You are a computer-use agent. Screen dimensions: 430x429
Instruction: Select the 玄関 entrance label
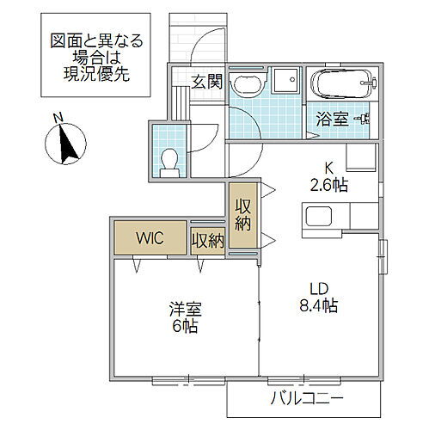point(206,82)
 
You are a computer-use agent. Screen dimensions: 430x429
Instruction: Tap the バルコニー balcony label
point(307,398)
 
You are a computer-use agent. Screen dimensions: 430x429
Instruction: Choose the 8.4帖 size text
point(318,305)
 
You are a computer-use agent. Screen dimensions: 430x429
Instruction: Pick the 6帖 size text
point(184,327)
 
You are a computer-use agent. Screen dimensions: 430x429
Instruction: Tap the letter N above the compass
point(57,118)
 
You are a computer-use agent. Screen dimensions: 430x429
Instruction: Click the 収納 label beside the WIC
point(207,241)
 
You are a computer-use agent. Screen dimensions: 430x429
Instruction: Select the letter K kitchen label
point(328,169)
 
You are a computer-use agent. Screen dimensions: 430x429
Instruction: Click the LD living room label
point(318,288)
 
